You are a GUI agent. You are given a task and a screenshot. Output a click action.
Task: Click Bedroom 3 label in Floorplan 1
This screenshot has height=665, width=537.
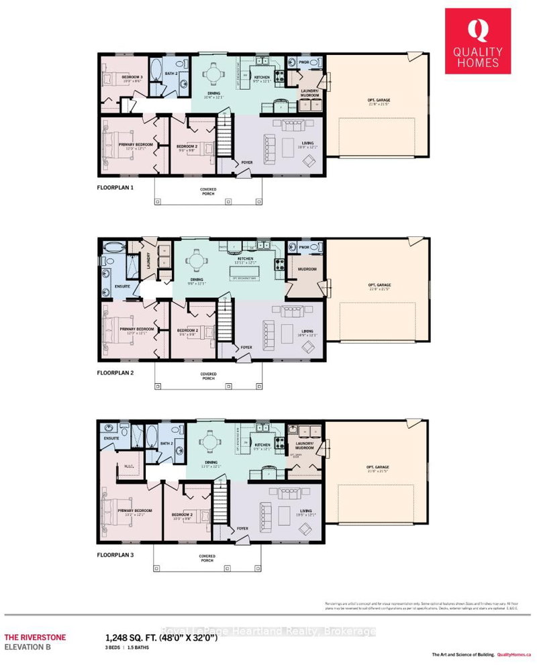(x=132, y=77)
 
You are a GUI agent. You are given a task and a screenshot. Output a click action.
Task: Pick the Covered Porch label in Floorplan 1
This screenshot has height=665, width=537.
(x=207, y=191)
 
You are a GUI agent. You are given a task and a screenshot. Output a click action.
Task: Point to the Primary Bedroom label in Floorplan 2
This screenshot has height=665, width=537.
(x=137, y=329)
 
